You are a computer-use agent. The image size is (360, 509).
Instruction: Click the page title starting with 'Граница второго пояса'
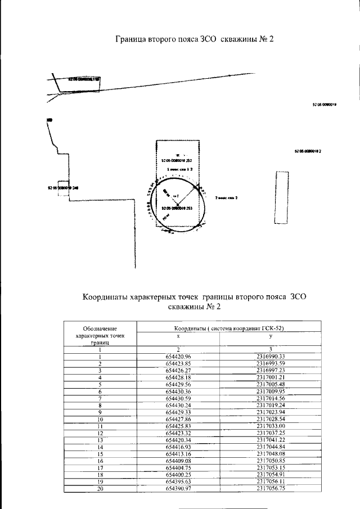[x=194, y=40]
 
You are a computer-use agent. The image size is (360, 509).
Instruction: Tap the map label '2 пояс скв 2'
[x=226, y=198]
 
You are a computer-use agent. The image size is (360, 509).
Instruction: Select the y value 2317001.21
[x=271, y=377]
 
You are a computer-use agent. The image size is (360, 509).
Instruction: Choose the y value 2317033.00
[x=271, y=426]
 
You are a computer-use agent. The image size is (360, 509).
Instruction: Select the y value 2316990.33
[x=271, y=357]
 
